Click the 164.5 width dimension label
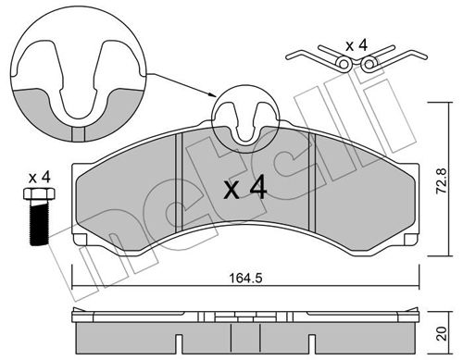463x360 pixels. (245, 279)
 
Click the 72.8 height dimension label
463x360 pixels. (441, 180)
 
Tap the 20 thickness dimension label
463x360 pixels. (443, 333)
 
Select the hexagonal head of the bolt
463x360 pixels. (39, 193)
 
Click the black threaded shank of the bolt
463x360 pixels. (39, 222)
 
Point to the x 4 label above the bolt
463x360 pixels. (39, 178)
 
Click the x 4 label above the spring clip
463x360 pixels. (357, 45)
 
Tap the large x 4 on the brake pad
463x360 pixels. (244, 187)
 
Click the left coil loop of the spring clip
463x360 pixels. (344, 64)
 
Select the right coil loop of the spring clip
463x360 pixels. (368, 64)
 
